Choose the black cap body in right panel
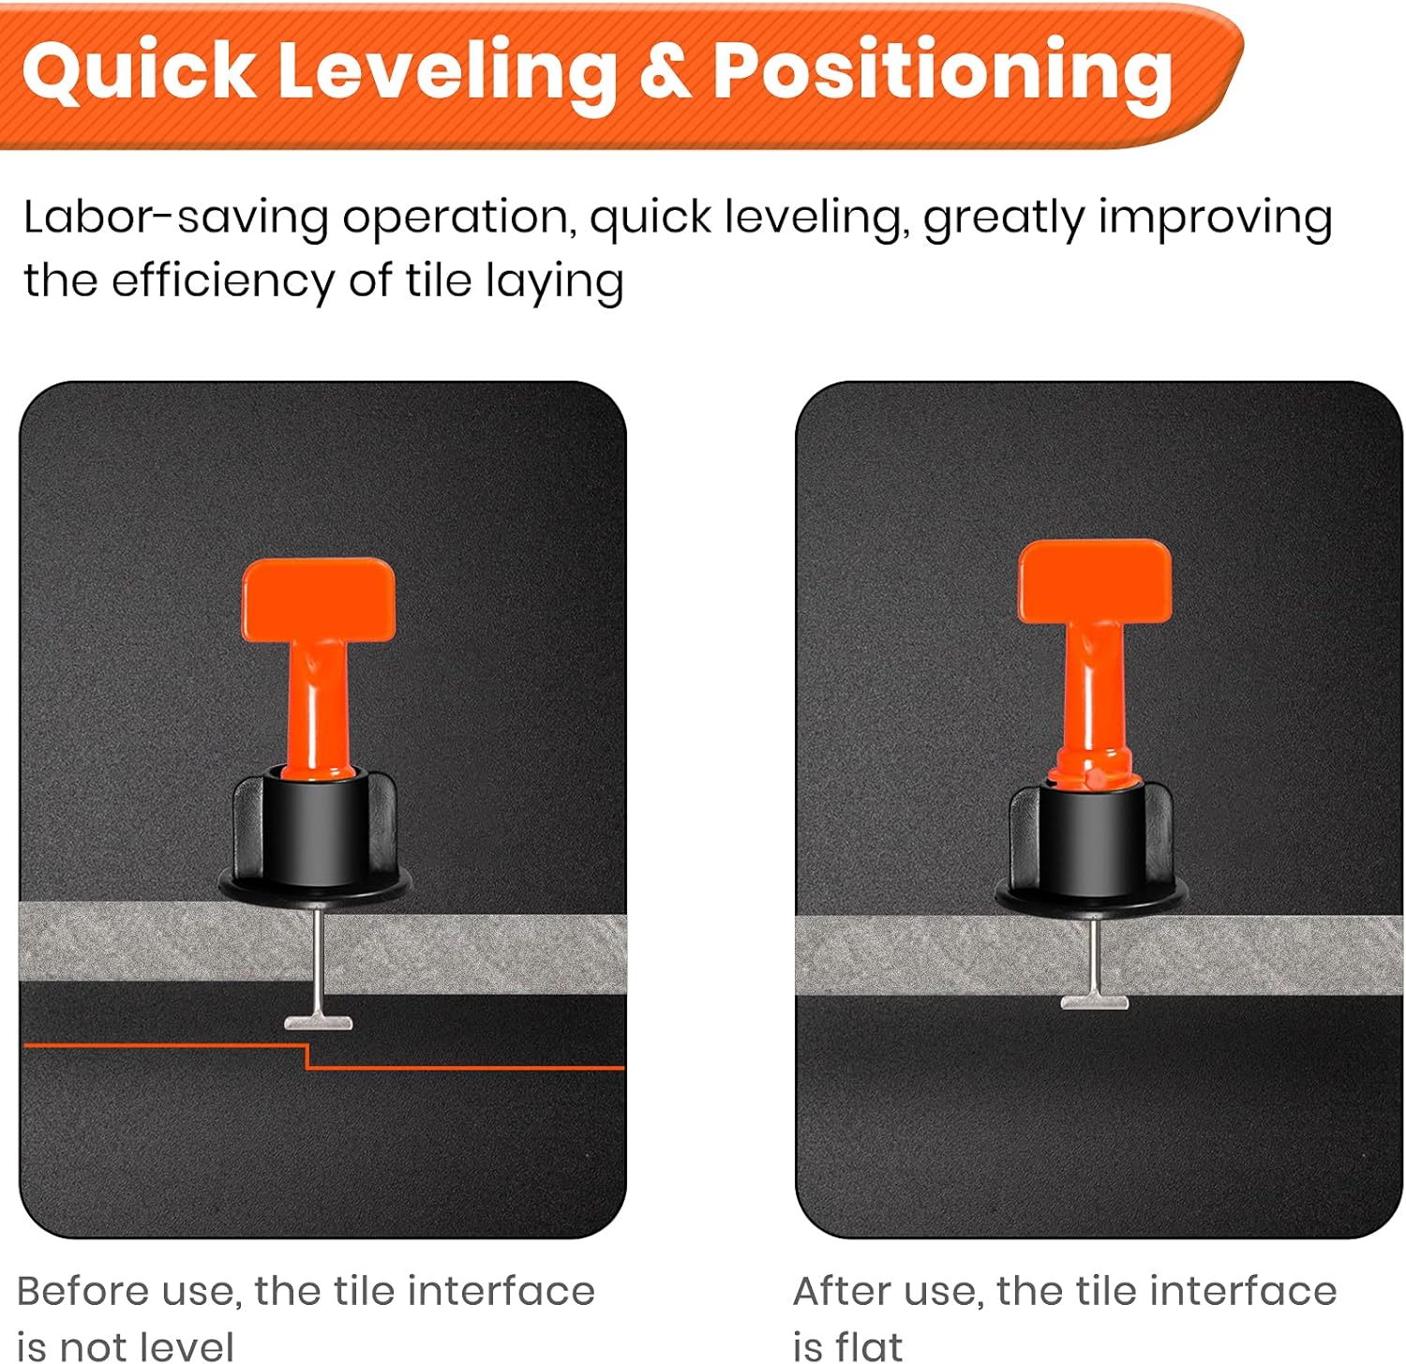[1092, 839]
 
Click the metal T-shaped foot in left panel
[319, 1023]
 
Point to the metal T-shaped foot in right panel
[1094, 1002]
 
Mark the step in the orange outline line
[307, 1057]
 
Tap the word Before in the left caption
[82, 1291]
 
